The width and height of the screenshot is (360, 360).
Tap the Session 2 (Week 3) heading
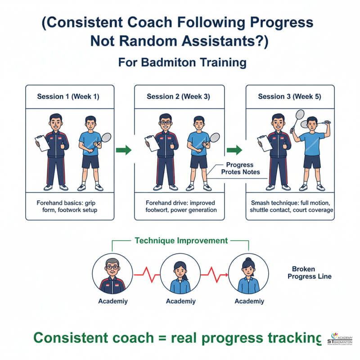pos(178,97)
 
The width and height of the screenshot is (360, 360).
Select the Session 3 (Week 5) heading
pos(289,97)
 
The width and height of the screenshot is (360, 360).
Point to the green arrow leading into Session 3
pos(234,150)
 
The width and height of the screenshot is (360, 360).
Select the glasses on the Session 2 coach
pos(165,122)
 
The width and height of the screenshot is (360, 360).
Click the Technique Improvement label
pos(181,241)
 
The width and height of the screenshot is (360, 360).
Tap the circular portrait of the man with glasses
pos(112,273)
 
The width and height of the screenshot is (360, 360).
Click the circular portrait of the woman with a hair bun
pos(248,273)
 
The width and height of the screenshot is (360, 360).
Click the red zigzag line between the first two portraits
pos(146,273)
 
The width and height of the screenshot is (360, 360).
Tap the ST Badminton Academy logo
pos(341,340)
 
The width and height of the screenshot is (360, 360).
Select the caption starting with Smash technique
pos(292,207)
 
